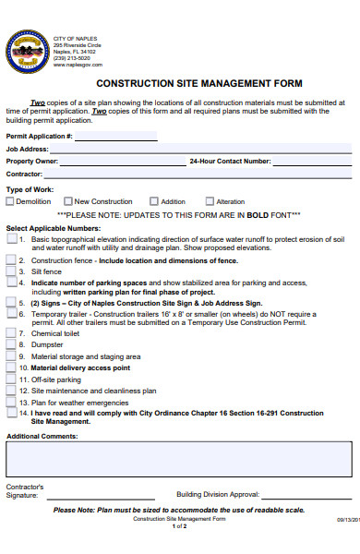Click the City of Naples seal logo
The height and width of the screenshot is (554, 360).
point(28,50)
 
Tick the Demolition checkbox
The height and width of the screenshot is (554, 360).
point(11,200)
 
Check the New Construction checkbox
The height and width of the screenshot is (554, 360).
point(68,200)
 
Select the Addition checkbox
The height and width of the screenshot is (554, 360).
point(153,200)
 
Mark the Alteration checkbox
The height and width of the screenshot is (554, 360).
point(210,200)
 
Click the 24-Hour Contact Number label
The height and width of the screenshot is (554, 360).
point(229,161)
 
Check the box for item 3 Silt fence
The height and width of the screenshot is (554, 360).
point(11,271)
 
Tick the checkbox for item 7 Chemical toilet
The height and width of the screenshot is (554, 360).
point(11,333)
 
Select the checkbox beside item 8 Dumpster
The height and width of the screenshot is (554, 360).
point(11,344)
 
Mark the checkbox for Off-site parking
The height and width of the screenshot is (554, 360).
point(11,379)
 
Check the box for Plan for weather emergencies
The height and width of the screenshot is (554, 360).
point(11,402)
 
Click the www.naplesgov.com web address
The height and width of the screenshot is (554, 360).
point(78,65)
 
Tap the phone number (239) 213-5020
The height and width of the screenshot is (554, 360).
point(73,58)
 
